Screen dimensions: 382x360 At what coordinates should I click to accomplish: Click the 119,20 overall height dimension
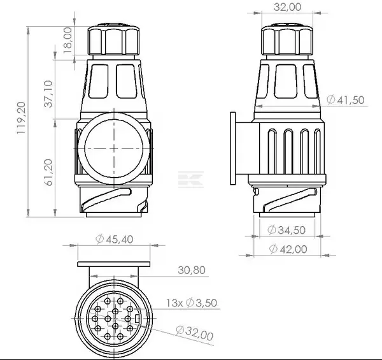[21, 117]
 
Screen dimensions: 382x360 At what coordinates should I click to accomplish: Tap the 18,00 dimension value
[67, 40]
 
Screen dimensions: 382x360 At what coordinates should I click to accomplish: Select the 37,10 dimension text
[48, 94]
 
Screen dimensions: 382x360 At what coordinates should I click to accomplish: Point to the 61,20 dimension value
[48, 173]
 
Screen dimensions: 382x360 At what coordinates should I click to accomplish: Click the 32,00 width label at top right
[288, 7]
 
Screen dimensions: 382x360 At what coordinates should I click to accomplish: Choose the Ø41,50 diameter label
[346, 100]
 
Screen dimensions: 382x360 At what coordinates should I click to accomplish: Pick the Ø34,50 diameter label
[286, 230]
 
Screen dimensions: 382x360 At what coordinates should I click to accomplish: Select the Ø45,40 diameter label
[114, 239]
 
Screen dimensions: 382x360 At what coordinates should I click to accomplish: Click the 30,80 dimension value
[192, 270]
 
